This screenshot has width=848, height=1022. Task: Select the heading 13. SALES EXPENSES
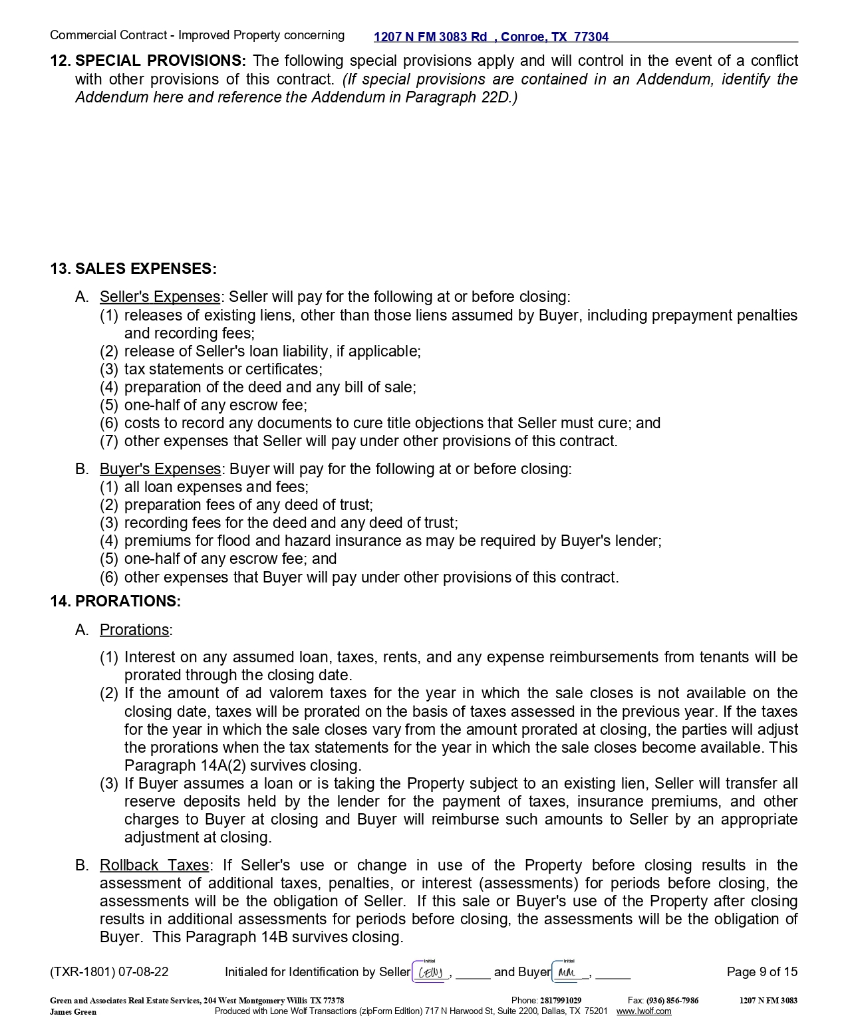pos(133,269)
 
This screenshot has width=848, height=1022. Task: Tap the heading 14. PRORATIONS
pos(115,602)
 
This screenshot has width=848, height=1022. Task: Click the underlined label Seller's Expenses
pos(160,297)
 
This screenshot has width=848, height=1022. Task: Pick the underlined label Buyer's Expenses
pos(160,469)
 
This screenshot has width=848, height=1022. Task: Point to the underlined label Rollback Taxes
pos(154,866)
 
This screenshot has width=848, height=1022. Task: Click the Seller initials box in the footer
pos(431,973)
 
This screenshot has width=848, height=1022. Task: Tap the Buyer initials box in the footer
pos(569,973)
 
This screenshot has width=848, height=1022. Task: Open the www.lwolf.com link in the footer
pos(644,1012)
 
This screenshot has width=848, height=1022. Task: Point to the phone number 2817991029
pos(560,1001)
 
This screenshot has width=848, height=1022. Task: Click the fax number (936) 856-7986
pos(672,1001)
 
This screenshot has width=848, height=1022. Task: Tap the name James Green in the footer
pos(73,1012)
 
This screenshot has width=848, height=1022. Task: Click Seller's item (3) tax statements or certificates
pos(223,370)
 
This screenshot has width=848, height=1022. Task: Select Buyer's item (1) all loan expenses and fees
pos(216,487)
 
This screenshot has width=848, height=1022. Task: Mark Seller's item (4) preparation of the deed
pos(269,388)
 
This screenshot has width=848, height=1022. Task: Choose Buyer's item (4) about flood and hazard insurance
pos(392,541)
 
